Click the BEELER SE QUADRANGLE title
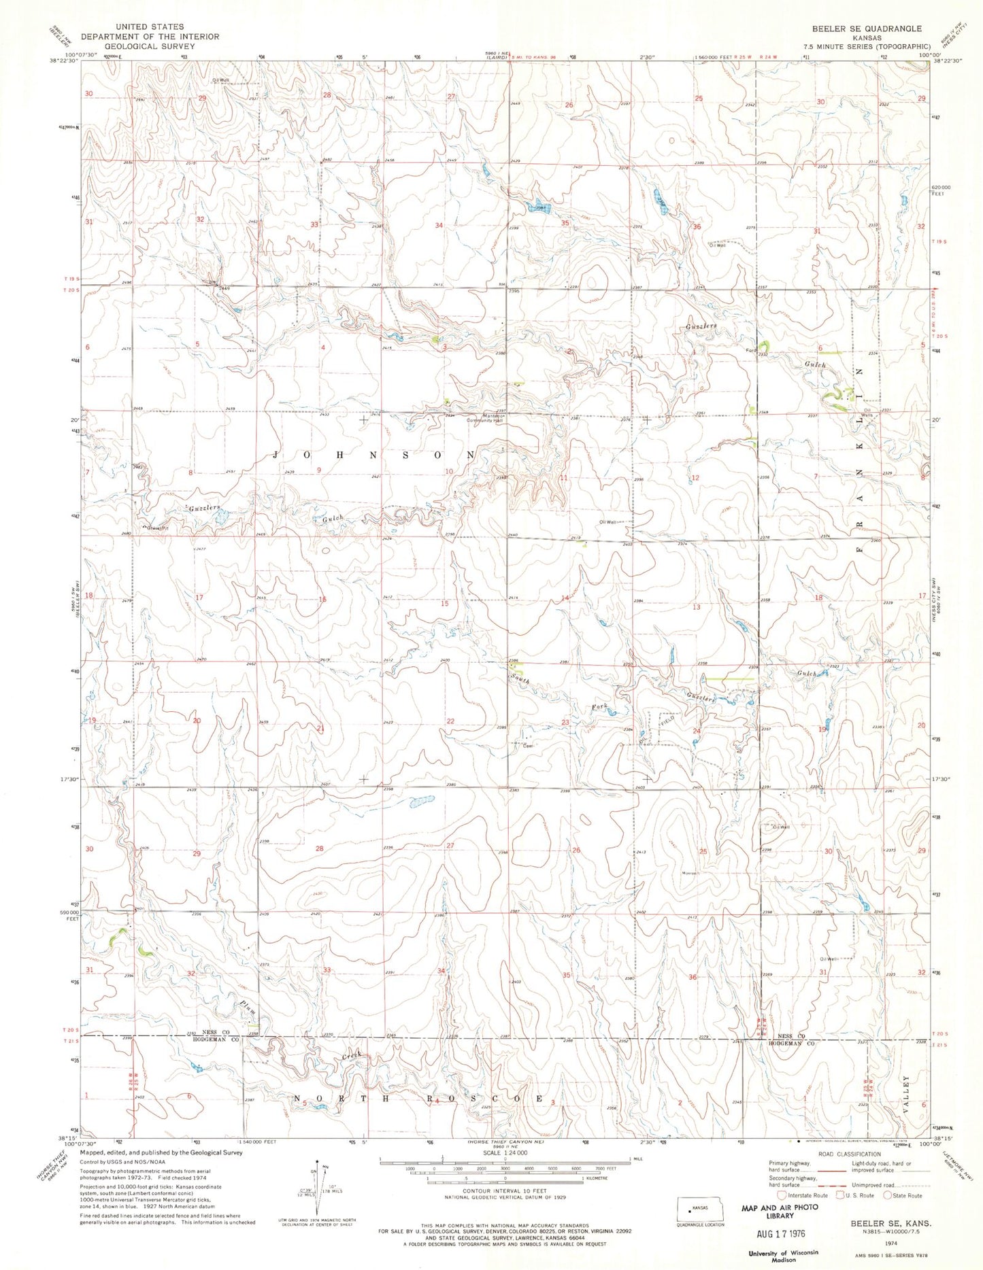coord(866,29)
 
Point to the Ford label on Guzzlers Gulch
coord(751,351)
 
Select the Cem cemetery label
coord(525,743)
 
